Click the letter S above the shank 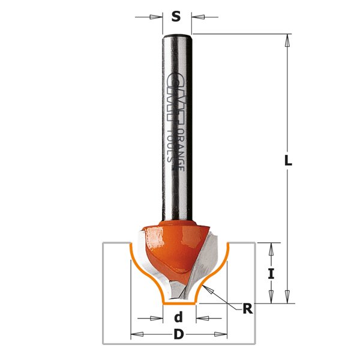pos(176,17)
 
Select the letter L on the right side pos(288,161)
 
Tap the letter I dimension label pos(271,274)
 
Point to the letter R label pos(247,309)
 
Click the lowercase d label pos(178,317)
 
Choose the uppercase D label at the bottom pos(178,335)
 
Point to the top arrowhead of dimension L pos(288,40)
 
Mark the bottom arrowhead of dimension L pos(288,297)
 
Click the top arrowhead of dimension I pos(271,248)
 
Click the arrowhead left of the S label pos(158,17)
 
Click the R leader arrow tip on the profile pos(206,289)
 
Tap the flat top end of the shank pos(177,35)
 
